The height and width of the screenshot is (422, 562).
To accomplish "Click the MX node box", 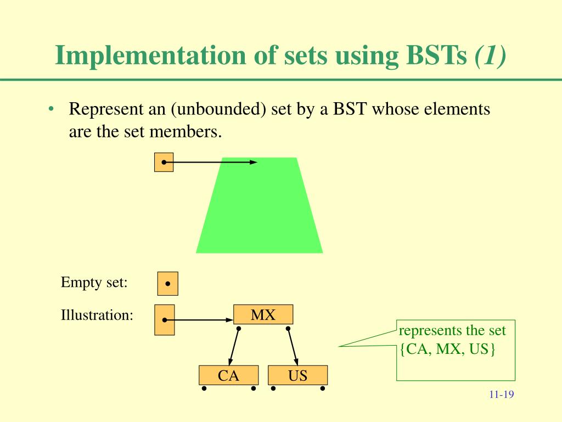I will click(x=263, y=315).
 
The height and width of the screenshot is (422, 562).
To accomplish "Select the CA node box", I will click(x=228, y=376).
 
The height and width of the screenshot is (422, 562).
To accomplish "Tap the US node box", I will click(x=297, y=376).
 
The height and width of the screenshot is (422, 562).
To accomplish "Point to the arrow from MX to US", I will click(x=292, y=345).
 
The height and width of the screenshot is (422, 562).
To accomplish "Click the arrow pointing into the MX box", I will click(x=200, y=320).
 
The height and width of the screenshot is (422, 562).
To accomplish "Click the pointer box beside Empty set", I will click(x=167, y=284).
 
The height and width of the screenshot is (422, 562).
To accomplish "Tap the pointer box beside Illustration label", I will click(x=165, y=320).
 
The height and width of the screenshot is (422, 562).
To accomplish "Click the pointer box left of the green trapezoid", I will click(x=164, y=162).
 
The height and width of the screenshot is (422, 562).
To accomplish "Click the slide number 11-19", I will click(x=501, y=395).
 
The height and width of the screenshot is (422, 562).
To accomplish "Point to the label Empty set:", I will click(x=94, y=283).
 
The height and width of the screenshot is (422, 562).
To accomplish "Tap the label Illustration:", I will click(x=97, y=315).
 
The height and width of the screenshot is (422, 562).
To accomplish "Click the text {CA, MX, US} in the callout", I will click(x=447, y=349).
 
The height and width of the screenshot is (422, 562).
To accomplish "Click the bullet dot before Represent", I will click(x=50, y=109).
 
